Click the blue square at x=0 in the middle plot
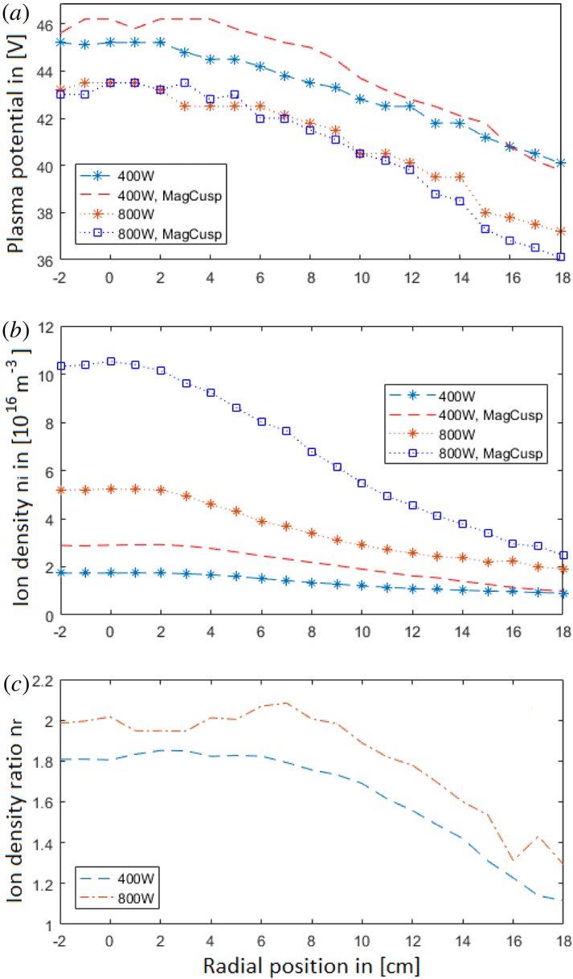click(x=111, y=361)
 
